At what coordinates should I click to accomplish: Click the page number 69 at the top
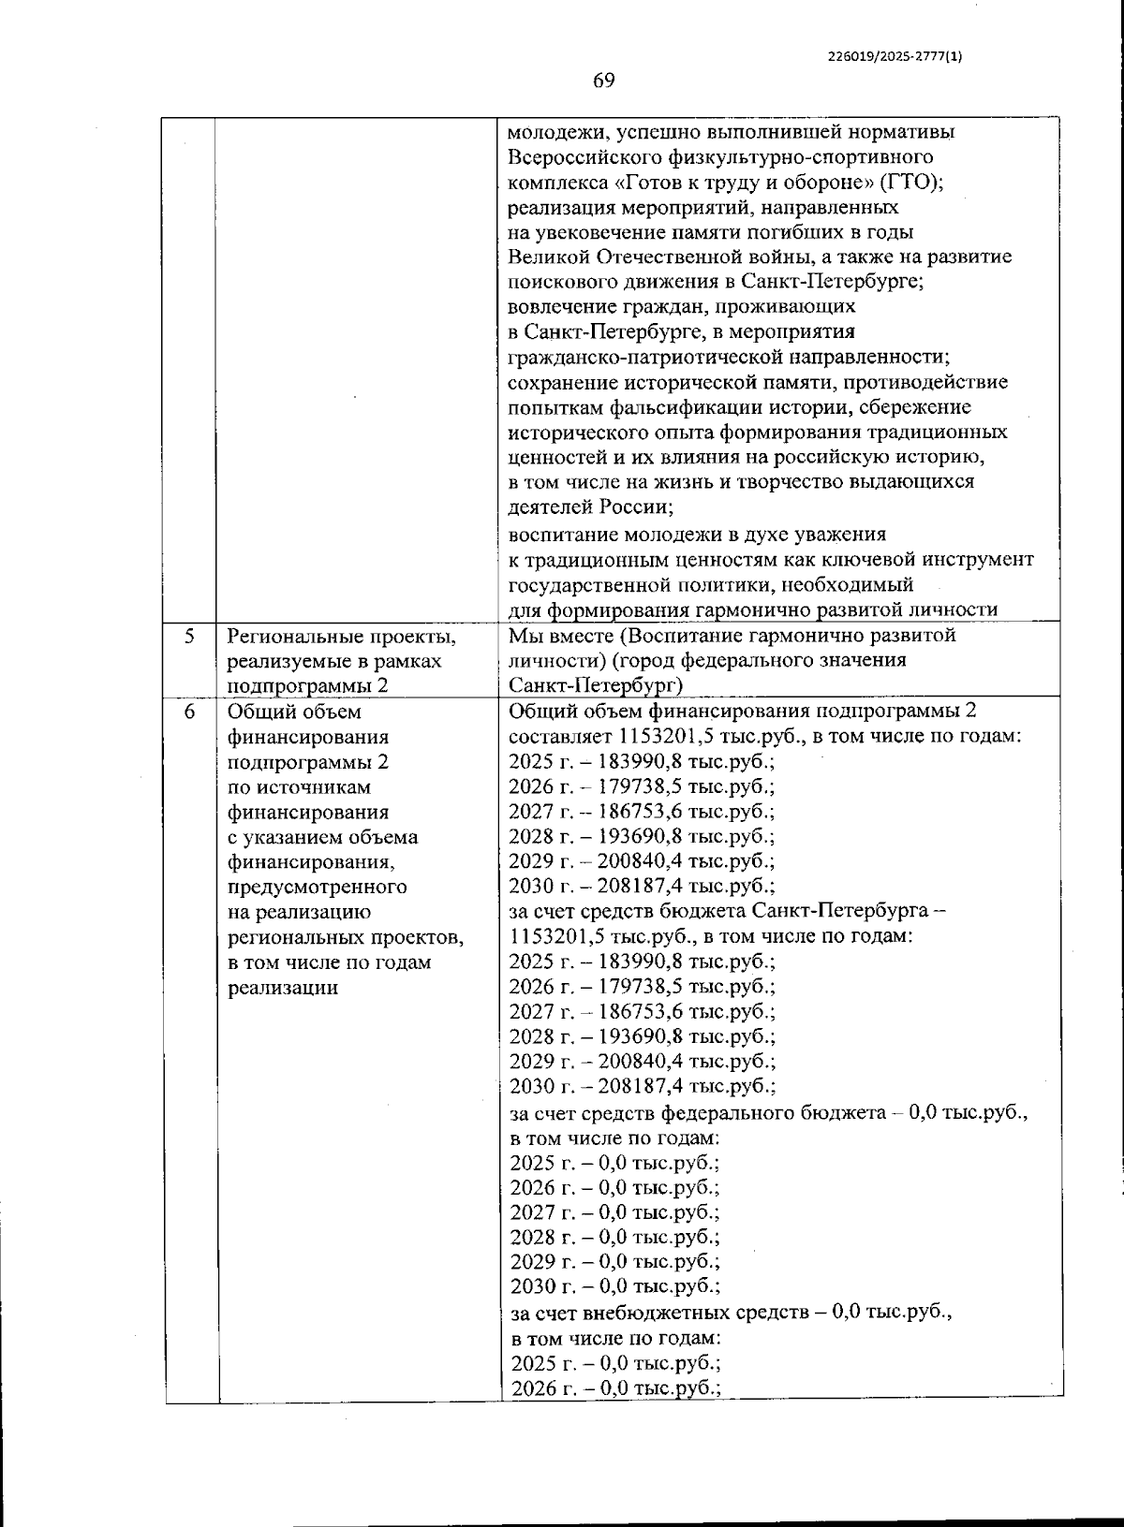coord(604,81)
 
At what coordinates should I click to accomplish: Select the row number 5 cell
coord(189,637)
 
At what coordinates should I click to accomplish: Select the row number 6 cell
coord(189,712)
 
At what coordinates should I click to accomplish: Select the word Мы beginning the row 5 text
coord(523,636)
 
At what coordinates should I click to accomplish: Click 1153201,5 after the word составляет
coord(658,736)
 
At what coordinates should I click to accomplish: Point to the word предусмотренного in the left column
coord(318,887)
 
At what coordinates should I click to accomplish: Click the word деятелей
coord(547,507)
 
